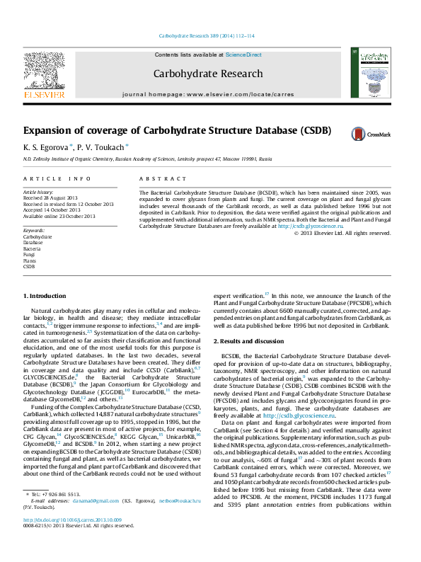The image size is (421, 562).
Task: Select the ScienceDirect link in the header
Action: click(x=243, y=55)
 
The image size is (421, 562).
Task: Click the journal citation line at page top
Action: click(x=210, y=35)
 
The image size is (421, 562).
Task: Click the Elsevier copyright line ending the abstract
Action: click(x=351, y=232)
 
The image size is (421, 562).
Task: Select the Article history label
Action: click(x=38, y=192)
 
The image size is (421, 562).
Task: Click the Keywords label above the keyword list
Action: click(x=35, y=231)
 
